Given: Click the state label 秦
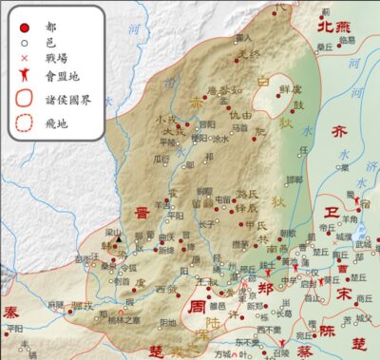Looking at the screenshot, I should pos(10,312).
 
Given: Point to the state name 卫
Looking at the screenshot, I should pos(332,211).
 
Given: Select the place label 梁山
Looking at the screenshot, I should pos(113,231).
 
